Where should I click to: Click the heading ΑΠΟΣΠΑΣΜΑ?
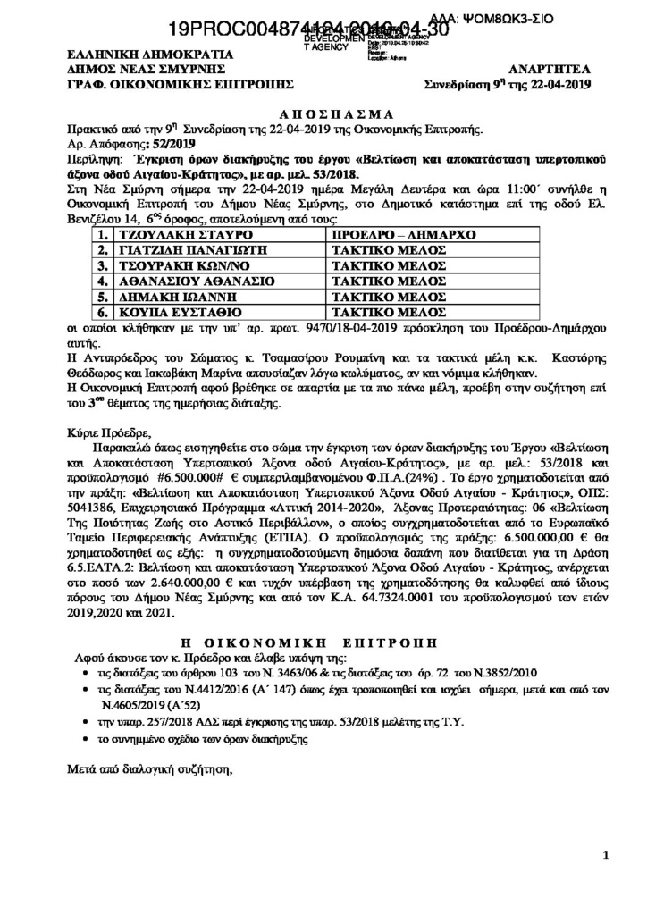click(x=323, y=115)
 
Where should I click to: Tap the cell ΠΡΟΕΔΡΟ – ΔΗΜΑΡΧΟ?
click(x=402, y=234)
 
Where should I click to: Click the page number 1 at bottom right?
click(x=606, y=855)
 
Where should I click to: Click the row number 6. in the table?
click(x=104, y=314)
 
